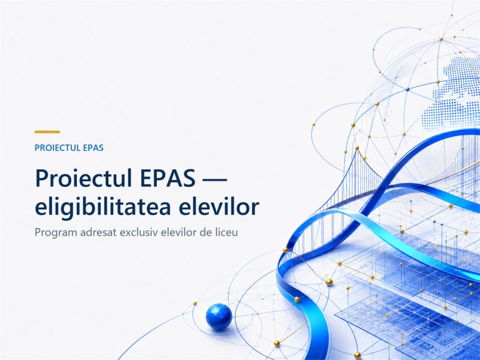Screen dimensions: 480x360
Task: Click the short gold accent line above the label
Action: click(47, 132)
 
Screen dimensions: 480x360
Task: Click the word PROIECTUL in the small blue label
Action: click(54, 148)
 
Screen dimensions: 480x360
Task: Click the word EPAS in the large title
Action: click(167, 178)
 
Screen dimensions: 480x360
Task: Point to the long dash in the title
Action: click(215, 179)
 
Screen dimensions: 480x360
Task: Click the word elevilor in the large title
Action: click(219, 207)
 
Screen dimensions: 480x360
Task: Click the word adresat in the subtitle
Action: click(98, 232)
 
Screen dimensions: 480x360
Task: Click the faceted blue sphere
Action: click(219, 316)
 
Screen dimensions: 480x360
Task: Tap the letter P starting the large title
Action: click(42, 178)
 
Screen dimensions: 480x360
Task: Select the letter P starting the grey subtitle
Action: click(37, 232)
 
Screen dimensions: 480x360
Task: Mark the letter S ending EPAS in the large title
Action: click(189, 178)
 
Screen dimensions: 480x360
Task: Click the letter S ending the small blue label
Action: click(101, 148)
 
